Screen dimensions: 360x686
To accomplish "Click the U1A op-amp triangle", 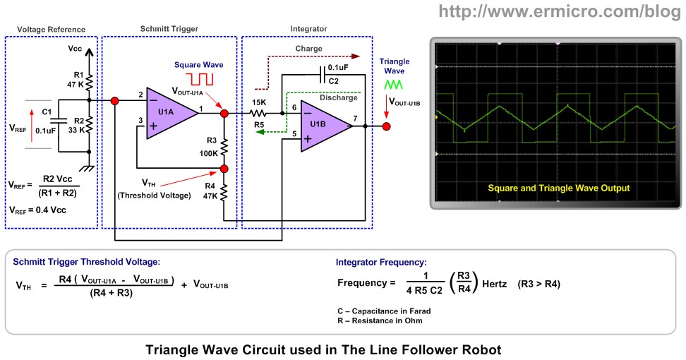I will pos(170,112).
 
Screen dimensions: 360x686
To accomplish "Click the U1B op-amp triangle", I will pos(325,126).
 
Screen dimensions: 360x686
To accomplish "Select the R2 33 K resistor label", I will pos(76,125).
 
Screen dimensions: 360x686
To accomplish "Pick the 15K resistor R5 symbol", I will pos(260,112).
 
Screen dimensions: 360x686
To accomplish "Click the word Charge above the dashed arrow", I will pos(308,49).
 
